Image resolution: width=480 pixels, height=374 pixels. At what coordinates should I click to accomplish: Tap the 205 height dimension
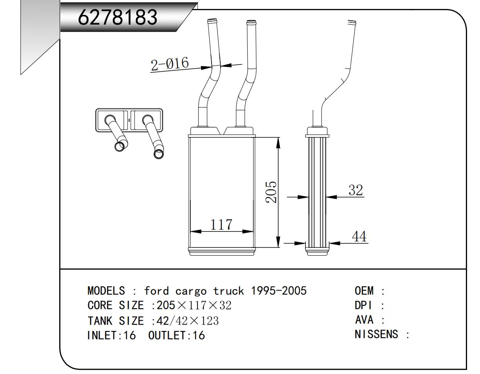click(x=270, y=192)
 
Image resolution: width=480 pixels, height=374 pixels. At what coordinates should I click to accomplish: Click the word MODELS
click(x=106, y=291)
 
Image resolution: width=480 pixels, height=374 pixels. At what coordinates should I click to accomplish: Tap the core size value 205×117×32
click(x=194, y=306)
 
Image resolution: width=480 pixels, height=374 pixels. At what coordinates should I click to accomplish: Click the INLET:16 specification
click(x=111, y=336)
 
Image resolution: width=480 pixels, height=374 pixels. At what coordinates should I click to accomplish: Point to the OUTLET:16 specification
click(x=177, y=336)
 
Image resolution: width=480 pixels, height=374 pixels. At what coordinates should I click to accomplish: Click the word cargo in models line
click(x=190, y=291)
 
